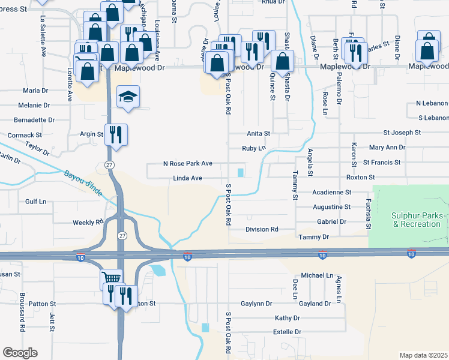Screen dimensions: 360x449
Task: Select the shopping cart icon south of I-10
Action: (x=111, y=278)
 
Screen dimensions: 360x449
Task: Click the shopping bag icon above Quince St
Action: (x=282, y=61)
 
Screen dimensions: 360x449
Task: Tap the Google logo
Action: (x=20, y=353)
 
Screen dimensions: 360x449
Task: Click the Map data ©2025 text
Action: (x=423, y=355)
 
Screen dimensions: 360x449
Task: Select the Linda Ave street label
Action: (x=187, y=178)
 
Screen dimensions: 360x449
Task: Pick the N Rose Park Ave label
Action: (x=188, y=163)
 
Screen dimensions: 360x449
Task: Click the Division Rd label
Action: (x=262, y=229)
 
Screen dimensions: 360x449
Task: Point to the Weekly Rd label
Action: (x=88, y=223)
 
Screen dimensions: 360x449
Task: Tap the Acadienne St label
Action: (x=332, y=192)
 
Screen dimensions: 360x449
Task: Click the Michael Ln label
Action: (x=317, y=275)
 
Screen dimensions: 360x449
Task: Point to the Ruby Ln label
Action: (x=253, y=148)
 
